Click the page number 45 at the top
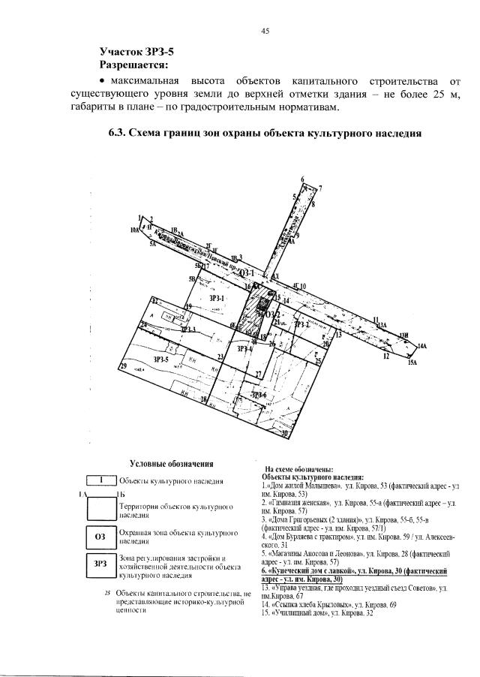coord(265,31)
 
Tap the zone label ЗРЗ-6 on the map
coord(259,395)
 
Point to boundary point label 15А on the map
coord(412,363)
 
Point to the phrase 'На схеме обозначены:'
coord(294,467)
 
